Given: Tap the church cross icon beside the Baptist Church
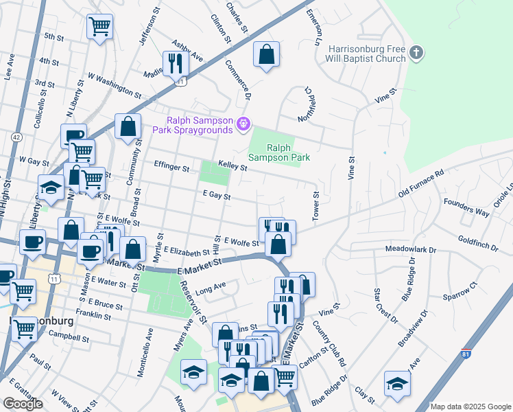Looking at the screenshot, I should pyautogui.click(x=416, y=53).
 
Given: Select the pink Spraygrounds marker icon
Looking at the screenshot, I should pyautogui.click(x=242, y=124).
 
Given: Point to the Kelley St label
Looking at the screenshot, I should pyautogui.click(x=232, y=165).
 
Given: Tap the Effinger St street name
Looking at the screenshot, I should pyautogui.click(x=171, y=168).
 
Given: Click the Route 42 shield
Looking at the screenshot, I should pyautogui.click(x=16, y=137).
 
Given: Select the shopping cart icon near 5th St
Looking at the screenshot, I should pyautogui.click(x=99, y=27).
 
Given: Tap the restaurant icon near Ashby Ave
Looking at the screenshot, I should pyautogui.click(x=176, y=63).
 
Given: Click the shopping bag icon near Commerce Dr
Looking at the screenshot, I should pyautogui.click(x=266, y=54).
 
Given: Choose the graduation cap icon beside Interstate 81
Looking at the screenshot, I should pyautogui.click(x=396, y=383).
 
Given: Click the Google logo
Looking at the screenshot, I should pyautogui.click(x=23, y=404).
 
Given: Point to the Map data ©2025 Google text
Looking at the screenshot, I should pyautogui.click(x=470, y=407).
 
